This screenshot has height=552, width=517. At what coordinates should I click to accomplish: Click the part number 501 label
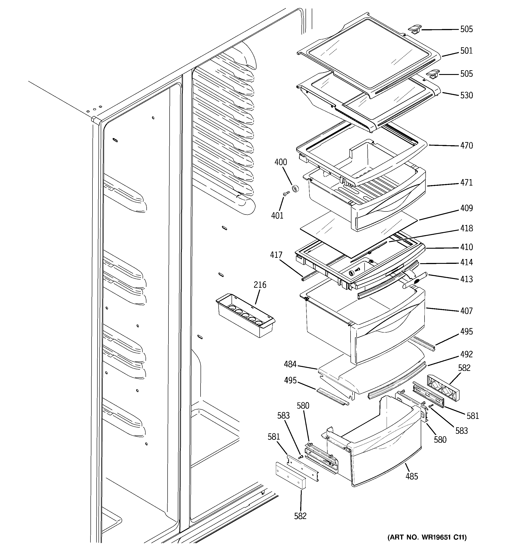tap(466, 51)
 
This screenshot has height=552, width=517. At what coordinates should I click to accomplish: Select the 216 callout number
tap(260, 285)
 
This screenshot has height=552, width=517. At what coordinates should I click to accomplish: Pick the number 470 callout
tap(466, 145)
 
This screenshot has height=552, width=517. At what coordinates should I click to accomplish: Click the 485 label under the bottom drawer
tap(412, 476)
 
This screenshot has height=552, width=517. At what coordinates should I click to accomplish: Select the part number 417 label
tap(276, 255)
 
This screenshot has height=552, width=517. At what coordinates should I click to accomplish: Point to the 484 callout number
tap(290, 364)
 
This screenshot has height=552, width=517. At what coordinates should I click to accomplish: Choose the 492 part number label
tap(466, 354)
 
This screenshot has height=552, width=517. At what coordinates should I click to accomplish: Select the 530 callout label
tap(466, 95)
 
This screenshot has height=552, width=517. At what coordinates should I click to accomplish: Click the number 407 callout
tap(466, 311)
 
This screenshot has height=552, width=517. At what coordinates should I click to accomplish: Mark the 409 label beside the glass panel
tap(466, 208)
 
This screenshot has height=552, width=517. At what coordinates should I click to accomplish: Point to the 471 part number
tap(466, 182)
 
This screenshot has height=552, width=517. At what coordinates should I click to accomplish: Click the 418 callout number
tap(466, 228)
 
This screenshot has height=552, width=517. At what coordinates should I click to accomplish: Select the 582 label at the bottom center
tap(300, 516)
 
